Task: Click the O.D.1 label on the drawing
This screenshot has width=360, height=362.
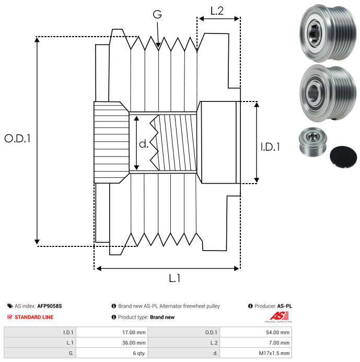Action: tap(17, 139)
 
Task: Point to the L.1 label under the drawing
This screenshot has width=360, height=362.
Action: tap(175, 278)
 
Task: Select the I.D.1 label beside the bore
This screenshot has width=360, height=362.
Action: tap(270, 148)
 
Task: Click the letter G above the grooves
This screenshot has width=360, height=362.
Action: tap(157, 15)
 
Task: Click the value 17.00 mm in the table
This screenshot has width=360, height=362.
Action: tap(133, 332)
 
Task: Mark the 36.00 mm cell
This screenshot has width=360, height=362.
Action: tap(133, 343)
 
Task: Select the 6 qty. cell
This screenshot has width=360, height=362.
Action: tap(138, 353)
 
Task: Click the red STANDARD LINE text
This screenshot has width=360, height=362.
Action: tap(34, 317)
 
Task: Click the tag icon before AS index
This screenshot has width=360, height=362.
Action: tap(9, 306)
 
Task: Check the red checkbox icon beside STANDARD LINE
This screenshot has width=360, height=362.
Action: tap(9, 317)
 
